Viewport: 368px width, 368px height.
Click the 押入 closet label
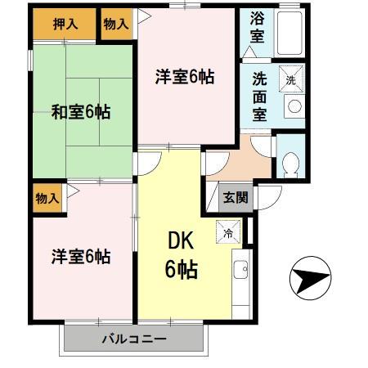[65, 23]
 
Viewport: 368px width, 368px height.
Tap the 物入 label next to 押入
[116, 24]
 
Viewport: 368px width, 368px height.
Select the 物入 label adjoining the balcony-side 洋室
[47, 198]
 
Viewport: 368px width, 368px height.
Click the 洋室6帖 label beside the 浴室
[185, 77]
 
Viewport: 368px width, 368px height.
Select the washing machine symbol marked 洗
[292, 79]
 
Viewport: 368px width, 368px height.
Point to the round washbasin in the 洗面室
[292, 105]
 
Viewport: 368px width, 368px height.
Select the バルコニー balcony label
[133, 339]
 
